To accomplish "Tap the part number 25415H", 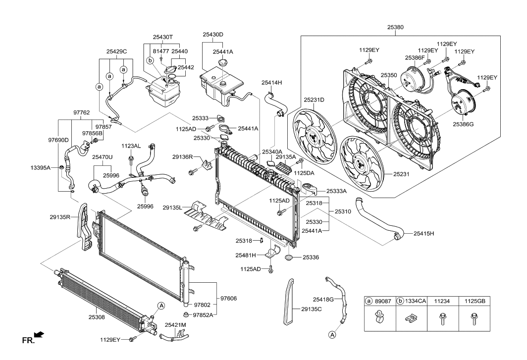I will (x=421, y=233).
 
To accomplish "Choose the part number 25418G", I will (x=323, y=299).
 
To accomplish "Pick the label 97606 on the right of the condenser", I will (x=228, y=298).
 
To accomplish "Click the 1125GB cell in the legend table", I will (x=475, y=300).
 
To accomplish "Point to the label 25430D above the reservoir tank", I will (x=212, y=35).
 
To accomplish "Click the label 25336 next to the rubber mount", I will (x=311, y=257).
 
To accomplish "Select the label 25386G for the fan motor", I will (x=463, y=124).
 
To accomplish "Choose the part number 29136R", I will (x=182, y=157).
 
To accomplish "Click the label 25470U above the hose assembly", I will (x=102, y=157).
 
